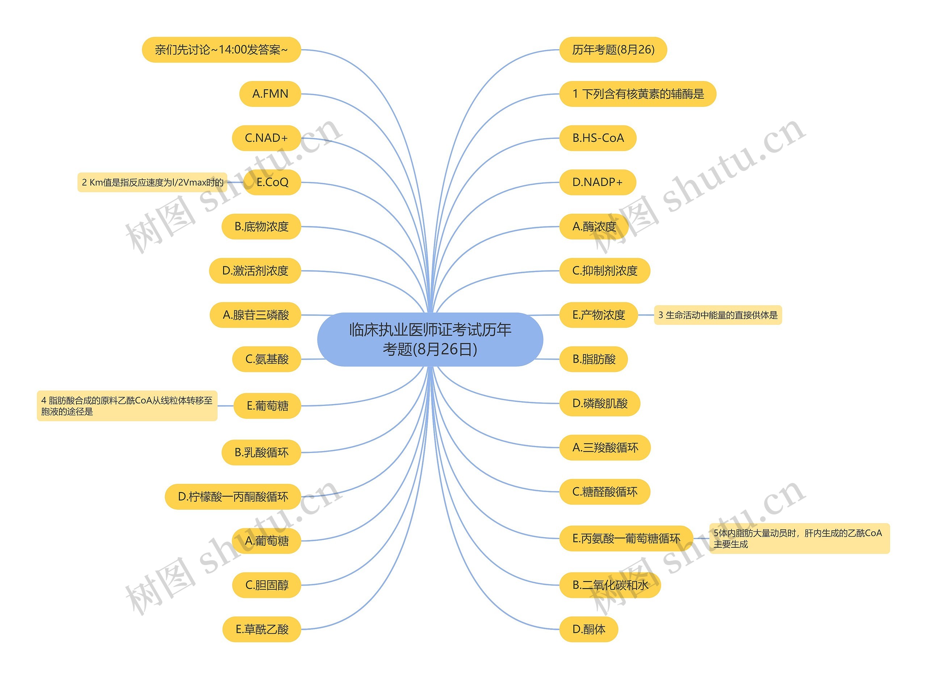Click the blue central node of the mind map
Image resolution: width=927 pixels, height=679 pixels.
pyautogui.click(x=429, y=339)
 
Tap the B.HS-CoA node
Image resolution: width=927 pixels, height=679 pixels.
pyautogui.click(x=597, y=138)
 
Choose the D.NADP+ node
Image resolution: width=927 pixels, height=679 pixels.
pyautogui.click(x=597, y=182)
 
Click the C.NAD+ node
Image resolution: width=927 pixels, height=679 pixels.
pyautogui.click(x=266, y=138)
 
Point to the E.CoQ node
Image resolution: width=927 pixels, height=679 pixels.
pyautogui.click(x=272, y=182)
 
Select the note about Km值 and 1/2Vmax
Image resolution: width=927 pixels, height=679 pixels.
pyautogui.click(x=152, y=182)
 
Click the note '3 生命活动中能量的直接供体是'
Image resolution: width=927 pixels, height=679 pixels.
pyautogui.click(x=718, y=315)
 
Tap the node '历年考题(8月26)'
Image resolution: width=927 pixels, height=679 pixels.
pyautogui.click(x=613, y=50)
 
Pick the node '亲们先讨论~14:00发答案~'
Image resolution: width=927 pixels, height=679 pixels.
pyautogui.click(x=221, y=50)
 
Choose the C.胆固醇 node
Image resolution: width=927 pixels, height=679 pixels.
pyautogui.click(x=267, y=585)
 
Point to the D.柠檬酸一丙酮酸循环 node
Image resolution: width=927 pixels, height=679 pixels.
pyautogui.click(x=233, y=497)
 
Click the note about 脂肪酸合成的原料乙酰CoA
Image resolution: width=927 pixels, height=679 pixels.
pyautogui.click(x=127, y=406)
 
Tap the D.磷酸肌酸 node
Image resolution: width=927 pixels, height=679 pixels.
pyautogui.click(x=600, y=403)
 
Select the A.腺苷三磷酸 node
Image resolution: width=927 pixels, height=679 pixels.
pyautogui.click(x=256, y=315)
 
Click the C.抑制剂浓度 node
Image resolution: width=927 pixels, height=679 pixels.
pyautogui.click(x=604, y=271)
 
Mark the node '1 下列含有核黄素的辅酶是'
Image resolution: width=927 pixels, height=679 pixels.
pyautogui.click(x=637, y=94)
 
